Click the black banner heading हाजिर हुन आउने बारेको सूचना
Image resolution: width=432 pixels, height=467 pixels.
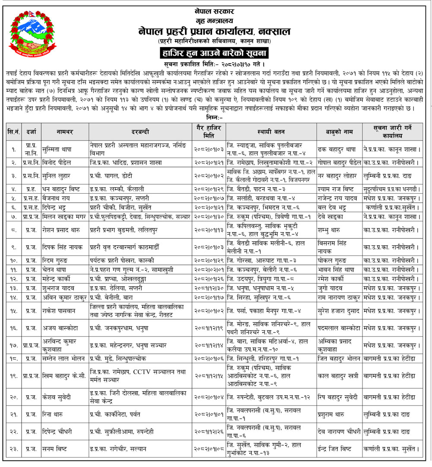[x=216, y=54]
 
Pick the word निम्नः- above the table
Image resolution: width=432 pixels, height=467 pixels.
[x=215, y=117]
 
